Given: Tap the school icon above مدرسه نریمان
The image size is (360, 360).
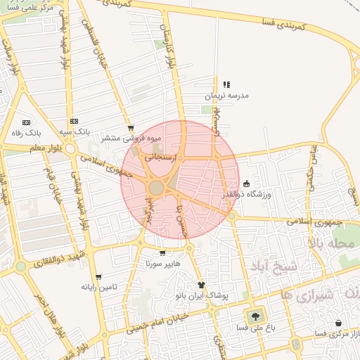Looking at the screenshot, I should [226, 84].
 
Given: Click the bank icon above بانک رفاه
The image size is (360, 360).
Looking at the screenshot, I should [27, 122].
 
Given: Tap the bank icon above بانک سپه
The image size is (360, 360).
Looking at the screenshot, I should [74, 122].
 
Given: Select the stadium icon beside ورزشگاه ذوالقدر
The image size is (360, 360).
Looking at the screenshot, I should [246, 184].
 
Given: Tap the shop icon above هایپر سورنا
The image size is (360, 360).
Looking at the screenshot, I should [163, 253].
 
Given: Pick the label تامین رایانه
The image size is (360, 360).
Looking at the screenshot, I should [98, 287].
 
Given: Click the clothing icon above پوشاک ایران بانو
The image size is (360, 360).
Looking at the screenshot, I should [202, 285].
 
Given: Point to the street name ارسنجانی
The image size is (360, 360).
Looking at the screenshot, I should [160, 159].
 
